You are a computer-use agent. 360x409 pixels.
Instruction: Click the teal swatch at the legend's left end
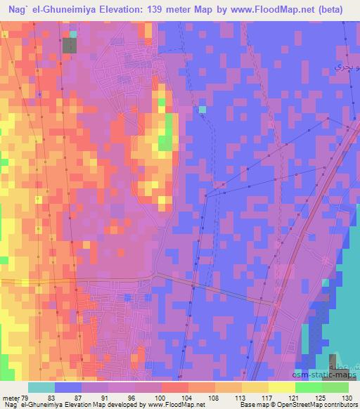click(x=41, y=387)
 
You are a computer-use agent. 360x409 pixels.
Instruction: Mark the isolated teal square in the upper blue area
click(x=202, y=109)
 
